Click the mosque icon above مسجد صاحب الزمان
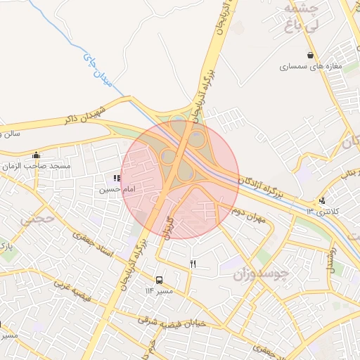tap(37, 155)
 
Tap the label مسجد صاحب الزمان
tap(41, 165)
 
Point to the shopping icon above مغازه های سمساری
tap(310, 55)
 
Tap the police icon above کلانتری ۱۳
tap(322, 200)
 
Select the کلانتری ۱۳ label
tap(323, 211)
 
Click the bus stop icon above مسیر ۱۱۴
tap(159, 279)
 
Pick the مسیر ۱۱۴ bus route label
tap(159, 290)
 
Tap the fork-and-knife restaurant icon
tap(193, 264)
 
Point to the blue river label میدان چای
tap(98, 68)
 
